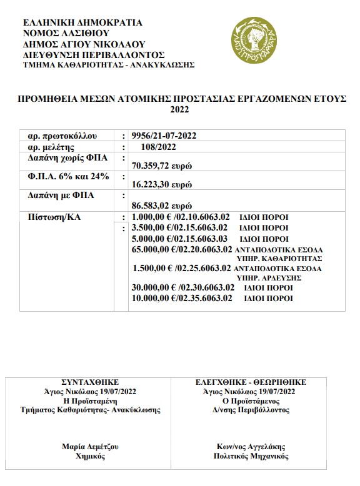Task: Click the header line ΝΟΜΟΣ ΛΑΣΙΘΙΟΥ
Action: click(66, 32)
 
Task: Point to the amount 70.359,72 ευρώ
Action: click(161, 166)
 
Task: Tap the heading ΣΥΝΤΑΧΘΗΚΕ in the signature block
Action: click(89, 382)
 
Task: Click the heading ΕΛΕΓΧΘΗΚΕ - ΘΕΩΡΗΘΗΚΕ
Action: click(250, 382)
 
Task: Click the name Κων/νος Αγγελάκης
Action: click(249, 447)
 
